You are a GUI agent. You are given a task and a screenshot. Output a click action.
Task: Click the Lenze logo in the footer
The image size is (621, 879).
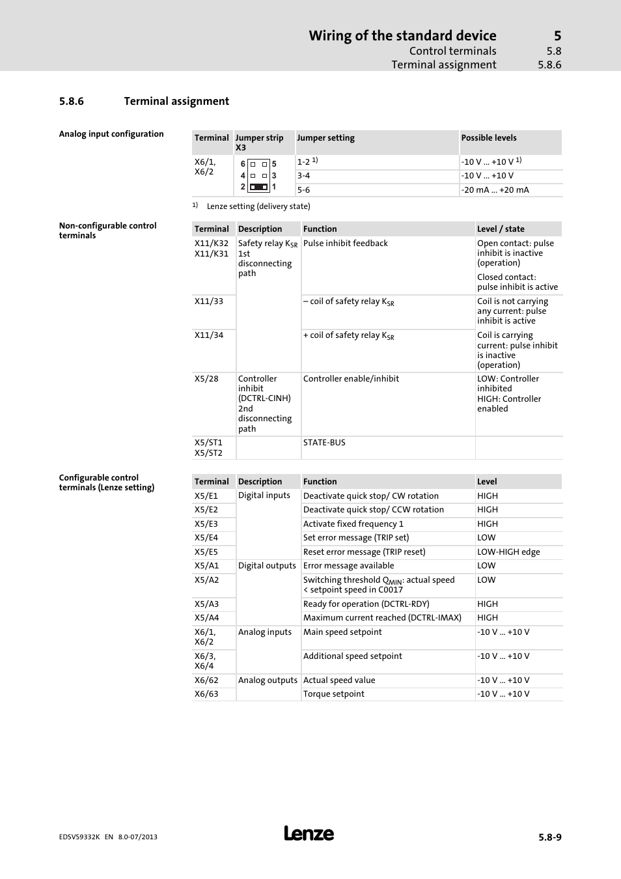pos(309,833)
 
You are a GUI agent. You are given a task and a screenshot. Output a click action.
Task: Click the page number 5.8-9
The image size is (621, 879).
pos(549,837)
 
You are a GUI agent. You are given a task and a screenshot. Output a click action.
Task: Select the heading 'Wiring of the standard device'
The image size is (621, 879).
pos(402,36)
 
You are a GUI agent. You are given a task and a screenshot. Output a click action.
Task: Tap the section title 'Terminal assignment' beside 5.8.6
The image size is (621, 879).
pos(176,102)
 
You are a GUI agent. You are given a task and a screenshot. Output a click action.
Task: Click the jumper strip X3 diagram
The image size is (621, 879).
pos(258,176)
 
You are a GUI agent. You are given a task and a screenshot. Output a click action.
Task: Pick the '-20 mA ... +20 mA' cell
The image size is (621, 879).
pos(495,190)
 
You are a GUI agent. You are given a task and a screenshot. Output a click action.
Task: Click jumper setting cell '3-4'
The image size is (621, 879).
pos(304,176)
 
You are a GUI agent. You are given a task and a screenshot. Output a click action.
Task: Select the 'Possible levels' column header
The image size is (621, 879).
pos(489,138)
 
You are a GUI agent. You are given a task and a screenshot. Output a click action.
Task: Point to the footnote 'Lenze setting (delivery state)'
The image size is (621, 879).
pos(258,206)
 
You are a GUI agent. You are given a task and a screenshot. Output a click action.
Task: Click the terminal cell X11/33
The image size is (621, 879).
pos(209,301)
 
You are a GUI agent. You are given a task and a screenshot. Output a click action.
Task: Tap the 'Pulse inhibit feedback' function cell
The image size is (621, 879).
pos(346,244)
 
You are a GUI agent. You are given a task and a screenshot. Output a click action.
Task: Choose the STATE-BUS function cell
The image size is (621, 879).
pos(324,443)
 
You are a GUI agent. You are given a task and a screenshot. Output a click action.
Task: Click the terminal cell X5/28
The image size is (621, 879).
pos(206,379)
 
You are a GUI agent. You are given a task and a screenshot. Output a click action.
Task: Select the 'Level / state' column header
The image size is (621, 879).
pos(501,229)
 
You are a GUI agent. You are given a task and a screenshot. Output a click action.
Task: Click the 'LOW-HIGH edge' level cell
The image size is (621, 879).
pos(508,552)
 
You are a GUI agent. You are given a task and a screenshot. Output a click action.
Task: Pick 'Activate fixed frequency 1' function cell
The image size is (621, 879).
pos(353,524)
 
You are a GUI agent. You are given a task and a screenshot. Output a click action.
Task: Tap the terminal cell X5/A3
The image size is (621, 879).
pos(206,604)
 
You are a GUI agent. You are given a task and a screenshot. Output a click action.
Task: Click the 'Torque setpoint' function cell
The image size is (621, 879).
pos(334,694)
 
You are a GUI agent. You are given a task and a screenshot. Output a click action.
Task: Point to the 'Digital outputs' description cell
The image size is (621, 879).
pos(267,566)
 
